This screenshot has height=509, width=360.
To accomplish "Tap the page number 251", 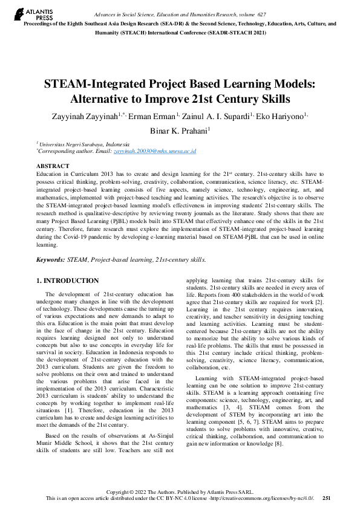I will pyautogui.click(x=327, y=498).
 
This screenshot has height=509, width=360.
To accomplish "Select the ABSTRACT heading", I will pyautogui.click(x=53, y=165).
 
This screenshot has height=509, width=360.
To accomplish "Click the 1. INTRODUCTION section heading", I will pyautogui.click(x=67, y=280).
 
